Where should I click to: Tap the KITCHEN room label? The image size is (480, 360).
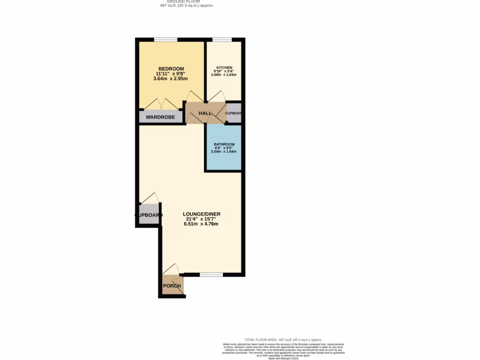[224, 67]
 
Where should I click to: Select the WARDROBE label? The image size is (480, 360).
[160, 117]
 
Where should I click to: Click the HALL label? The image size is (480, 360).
[205, 113]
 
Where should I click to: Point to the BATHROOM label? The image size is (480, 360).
[224, 144]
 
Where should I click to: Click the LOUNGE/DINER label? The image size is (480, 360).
[201, 214]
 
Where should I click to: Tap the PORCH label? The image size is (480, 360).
[172, 286]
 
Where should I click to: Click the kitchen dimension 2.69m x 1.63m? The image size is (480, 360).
[224, 75]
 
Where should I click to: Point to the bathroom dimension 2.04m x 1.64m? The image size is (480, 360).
[224, 152]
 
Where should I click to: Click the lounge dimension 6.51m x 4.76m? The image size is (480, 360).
[201, 224]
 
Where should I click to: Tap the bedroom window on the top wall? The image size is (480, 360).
[166, 39]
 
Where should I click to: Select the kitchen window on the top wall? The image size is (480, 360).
[221, 39]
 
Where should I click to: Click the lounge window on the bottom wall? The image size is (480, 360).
[211, 275]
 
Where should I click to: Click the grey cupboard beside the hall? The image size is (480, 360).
[233, 113]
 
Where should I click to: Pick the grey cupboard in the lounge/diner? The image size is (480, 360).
[149, 215]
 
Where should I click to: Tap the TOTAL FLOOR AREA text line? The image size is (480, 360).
[283, 339]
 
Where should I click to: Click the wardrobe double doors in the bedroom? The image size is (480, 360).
[161, 105]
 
